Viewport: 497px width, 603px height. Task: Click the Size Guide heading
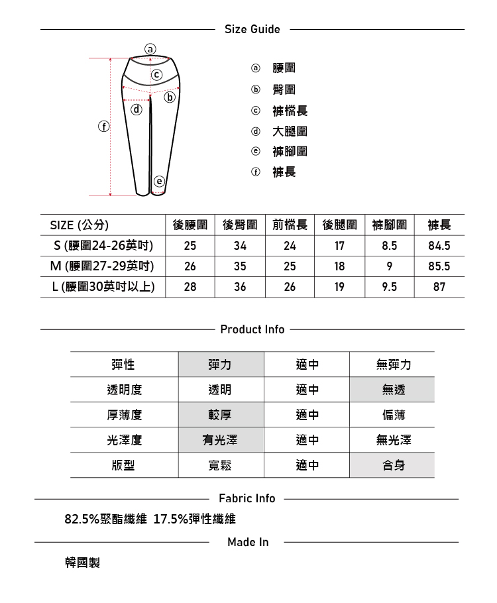252,29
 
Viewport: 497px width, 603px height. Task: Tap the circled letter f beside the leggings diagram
103,125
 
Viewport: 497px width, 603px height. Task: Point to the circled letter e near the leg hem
158,181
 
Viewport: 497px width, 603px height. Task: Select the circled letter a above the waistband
150,48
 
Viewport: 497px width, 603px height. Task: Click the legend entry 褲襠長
290,111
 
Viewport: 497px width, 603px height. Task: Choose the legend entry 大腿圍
290,131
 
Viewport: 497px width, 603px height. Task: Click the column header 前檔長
290,225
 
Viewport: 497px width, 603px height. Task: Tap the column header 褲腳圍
390,225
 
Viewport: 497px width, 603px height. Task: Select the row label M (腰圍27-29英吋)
103,266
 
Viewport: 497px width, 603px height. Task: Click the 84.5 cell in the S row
439,246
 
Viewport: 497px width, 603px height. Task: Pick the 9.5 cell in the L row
390,287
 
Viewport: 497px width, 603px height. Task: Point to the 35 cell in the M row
240,266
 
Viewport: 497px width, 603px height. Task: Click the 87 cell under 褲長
439,287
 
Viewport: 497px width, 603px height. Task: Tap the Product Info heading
252,329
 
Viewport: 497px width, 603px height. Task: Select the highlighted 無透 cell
392,390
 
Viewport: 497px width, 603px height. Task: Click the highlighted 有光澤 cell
221,440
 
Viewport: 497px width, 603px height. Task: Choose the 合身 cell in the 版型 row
392,465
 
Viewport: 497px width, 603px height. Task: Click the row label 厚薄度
124,415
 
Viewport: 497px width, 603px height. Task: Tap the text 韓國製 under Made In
82,563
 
